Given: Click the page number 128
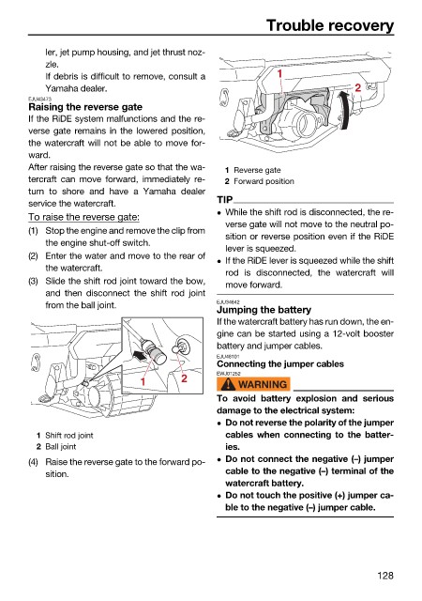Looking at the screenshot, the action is pos(384,576).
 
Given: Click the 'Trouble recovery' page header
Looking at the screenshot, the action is pos(330,25).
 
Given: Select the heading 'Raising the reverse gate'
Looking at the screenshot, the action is pos(85,107).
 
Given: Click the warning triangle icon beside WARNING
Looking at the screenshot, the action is pos(228,384).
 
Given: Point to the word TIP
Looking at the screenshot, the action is pos(225,200).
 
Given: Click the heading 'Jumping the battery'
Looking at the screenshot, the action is pos(264,310).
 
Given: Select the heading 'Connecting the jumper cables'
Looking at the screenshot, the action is pos(280,363).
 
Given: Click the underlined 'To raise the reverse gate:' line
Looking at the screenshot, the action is pos(83,217).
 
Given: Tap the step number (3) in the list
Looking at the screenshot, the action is pos(34,281).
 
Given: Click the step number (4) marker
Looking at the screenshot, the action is pos(34,462).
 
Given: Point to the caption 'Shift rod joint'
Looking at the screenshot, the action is pos(69,436).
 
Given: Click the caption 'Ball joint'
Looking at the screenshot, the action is pos(61,447).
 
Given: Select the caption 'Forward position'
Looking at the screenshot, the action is pos(264,181).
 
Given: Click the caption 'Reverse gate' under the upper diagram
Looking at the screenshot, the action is pos(257,170).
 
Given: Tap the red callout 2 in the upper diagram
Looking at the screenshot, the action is pos(358,87).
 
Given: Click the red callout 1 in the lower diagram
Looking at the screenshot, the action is pos(143,381).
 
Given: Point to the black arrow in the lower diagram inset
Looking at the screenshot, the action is pos(140,355).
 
